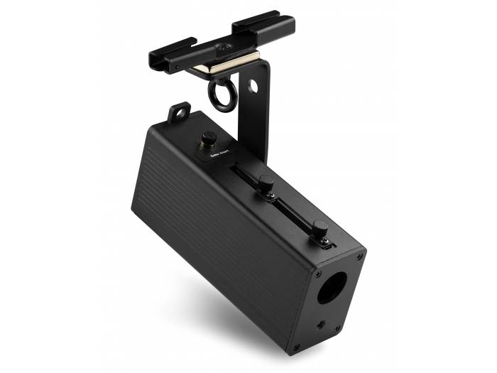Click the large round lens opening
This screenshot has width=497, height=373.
tap(332, 287)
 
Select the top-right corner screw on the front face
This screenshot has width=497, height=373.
tap(359, 256)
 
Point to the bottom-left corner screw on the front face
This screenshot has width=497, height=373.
tap(297, 347)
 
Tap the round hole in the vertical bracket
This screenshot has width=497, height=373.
tap(253, 85)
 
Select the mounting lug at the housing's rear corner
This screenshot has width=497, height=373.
tap(179, 112)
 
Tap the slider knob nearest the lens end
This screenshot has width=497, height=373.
tap(321, 229)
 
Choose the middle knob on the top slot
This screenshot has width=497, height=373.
tap(266, 183)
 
